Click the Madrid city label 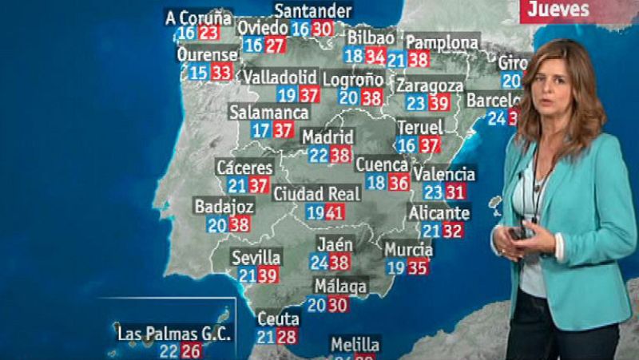(328, 137)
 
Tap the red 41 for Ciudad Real (334, 212)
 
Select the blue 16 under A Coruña (186, 33)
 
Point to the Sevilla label (256, 257)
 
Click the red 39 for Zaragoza (439, 103)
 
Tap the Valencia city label (446, 173)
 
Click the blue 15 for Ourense (198, 73)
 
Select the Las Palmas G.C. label (173, 333)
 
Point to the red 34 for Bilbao (375, 56)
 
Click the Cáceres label (244, 168)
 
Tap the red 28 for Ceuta (287, 336)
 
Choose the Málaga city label (340, 286)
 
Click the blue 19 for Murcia (395, 267)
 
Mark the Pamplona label (443, 42)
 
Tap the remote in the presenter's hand (518, 233)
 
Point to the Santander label (312, 10)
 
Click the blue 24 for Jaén (319, 262)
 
